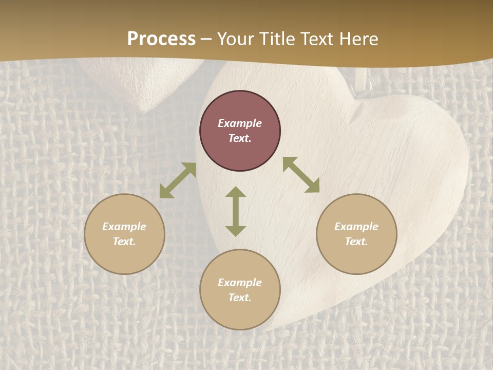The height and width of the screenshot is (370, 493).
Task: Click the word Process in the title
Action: click(x=161, y=39)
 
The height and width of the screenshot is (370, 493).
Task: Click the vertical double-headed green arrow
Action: click(x=236, y=211)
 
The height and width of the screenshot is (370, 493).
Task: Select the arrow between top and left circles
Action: click(x=178, y=180)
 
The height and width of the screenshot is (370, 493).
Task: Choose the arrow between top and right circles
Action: click(x=301, y=175)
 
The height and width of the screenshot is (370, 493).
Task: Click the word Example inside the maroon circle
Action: click(x=240, y=123)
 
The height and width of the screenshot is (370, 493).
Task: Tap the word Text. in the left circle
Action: click(x=124, y=242)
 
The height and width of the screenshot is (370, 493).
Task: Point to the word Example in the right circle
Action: click(x=356, y=227)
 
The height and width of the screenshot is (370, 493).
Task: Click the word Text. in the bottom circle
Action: click(x=240, y=298)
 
